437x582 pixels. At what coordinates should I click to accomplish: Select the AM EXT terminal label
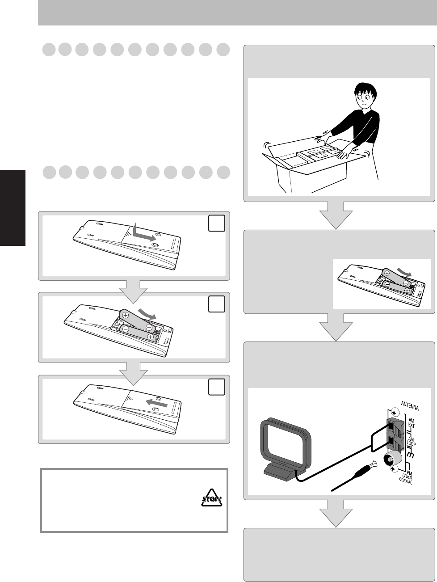[x=412, y=423]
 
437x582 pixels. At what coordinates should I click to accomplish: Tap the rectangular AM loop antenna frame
[x=286, y=442]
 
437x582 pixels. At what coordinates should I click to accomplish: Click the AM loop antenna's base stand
[x=280, y=470]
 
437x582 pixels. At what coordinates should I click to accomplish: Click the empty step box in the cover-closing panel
[x=216, y=387]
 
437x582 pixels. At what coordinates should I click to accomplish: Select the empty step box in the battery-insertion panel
[x=216, y=304]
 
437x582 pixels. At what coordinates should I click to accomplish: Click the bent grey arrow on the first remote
[x=144, y=234]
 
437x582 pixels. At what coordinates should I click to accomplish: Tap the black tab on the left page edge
[x=13, y=207]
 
